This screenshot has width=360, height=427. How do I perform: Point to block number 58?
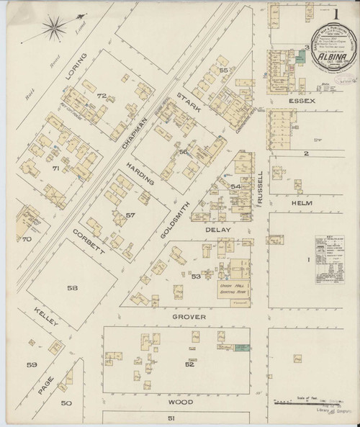pyautogui.click(x=93, y=288)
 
